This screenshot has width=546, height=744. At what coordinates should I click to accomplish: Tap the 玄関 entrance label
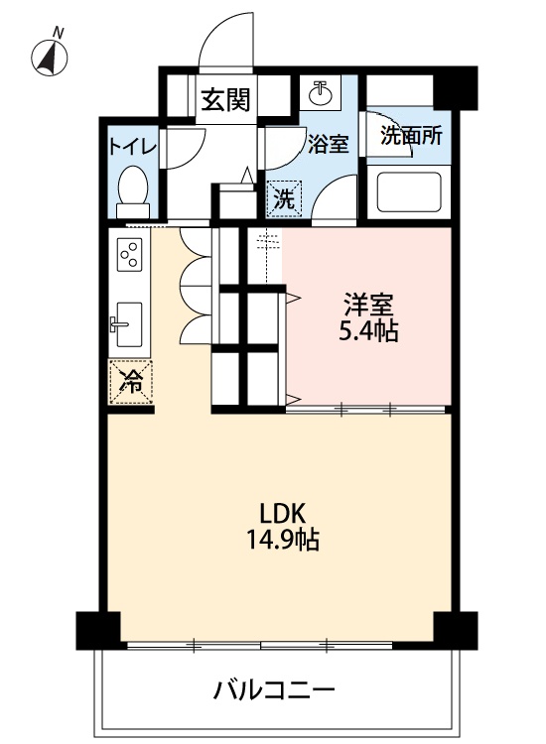225,100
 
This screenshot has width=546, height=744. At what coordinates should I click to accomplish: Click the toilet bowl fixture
132,187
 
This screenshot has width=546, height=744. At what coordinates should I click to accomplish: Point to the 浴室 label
328,144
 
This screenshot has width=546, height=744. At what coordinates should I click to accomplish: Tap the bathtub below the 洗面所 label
408,192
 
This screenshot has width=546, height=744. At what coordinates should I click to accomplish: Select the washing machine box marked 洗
284,197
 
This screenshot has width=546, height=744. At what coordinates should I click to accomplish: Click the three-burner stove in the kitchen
130,258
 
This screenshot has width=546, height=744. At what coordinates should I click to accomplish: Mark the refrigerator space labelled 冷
130,380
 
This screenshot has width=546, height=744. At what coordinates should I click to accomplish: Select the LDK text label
282,514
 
